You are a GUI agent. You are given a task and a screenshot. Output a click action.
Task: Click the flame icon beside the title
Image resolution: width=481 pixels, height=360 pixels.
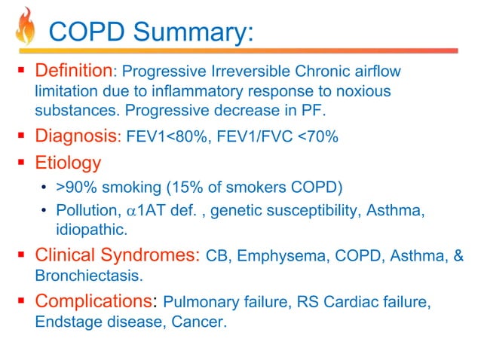26,28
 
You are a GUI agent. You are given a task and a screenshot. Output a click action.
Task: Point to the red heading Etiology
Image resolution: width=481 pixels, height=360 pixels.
68,162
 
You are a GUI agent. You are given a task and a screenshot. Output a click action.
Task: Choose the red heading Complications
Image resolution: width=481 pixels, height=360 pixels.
93,302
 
